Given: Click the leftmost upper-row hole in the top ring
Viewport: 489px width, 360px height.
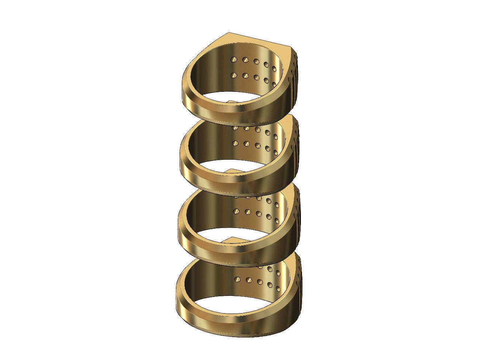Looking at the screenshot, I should tap(233, 59).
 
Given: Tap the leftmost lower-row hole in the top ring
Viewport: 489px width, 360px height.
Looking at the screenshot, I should tap(233, 75).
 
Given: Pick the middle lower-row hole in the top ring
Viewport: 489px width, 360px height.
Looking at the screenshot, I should tap(256, 78).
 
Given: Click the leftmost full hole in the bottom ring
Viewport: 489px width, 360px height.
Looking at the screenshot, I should tap(237, 280).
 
